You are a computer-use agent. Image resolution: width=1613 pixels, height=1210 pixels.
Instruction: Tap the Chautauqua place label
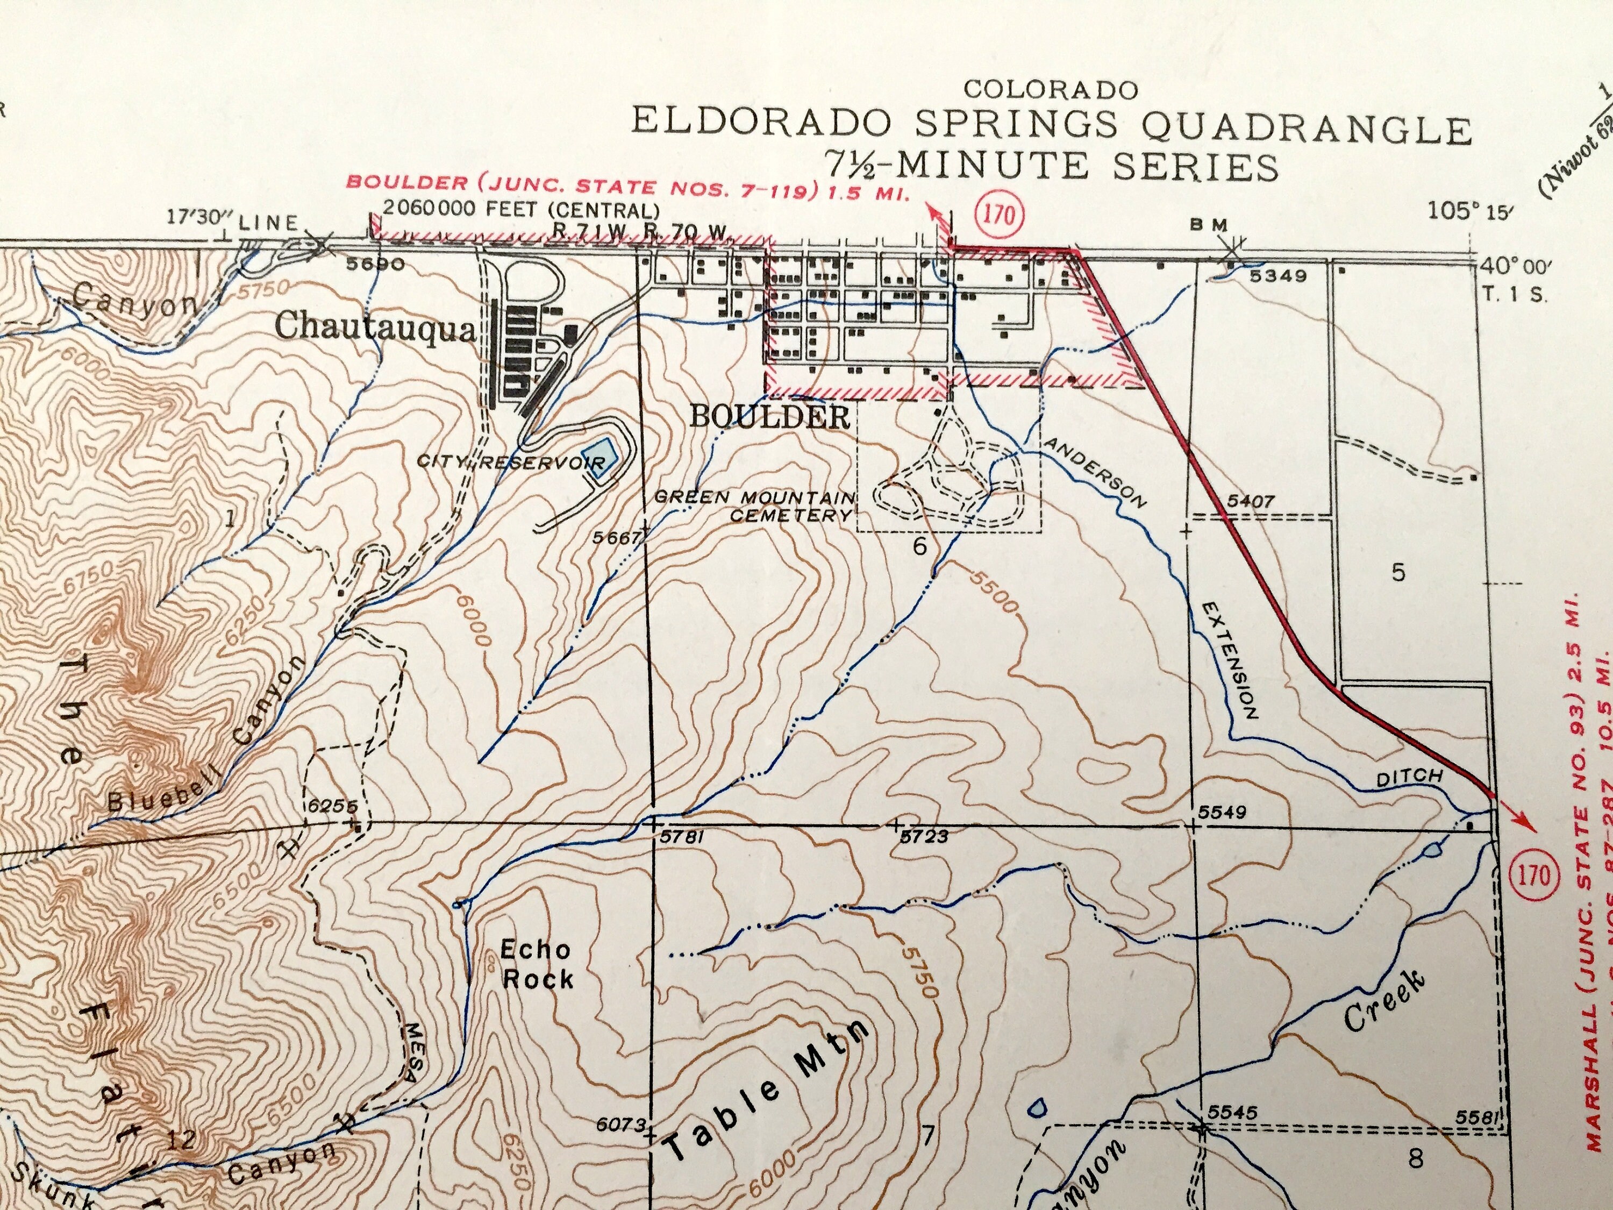click(x=375, y=328)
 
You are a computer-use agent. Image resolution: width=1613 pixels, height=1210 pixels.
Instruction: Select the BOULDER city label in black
click(x=769, y=417)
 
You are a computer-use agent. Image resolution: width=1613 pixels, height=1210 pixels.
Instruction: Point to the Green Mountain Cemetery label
click(x=755, y=506)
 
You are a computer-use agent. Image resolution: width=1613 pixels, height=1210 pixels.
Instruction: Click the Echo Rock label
click(x=536, y=964)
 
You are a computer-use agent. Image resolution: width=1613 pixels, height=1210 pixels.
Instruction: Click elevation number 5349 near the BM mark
click(x=1273, y=276)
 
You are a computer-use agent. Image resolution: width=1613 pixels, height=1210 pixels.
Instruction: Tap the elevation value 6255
click(x=332, y=806)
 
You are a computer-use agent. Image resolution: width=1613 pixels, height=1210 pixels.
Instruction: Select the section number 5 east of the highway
click(x=1397, y=573)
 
